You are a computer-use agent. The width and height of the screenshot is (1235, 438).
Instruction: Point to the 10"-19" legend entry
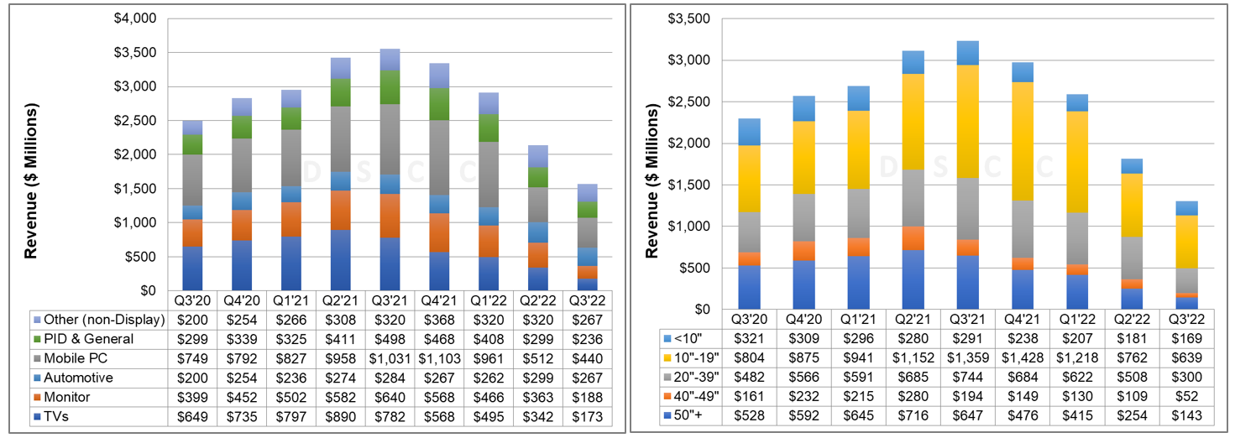[x=694, y=357]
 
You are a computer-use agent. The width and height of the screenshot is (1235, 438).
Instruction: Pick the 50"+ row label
[x=691, y=415]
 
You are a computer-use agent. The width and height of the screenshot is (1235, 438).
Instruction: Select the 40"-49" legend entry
[x=694, y=396]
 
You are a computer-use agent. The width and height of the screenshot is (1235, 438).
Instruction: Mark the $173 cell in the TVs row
[x=588, y=416]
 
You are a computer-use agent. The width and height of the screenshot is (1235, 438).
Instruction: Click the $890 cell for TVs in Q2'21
[x=341, y=416]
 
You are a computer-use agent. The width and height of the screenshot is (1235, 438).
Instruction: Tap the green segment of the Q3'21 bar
[x=390, y=87]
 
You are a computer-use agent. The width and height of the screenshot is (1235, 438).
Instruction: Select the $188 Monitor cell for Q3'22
[x=588, y=397]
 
